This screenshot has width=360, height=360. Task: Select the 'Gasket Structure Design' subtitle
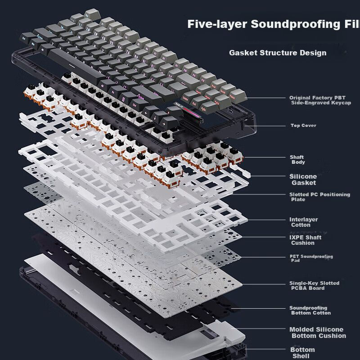tap(278, 53)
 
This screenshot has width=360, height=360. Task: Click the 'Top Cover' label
tap(303, 126)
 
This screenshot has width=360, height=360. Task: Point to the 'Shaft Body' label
tap(297, 160)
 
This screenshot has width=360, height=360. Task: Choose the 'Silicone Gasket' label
tap(303, 180)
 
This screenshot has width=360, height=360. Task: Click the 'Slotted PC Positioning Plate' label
tap(319, 197)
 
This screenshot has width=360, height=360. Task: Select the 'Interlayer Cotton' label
tap(303, 222)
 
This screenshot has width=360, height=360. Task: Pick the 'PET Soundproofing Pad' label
tap(311, 258)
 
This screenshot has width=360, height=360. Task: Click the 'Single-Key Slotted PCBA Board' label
tap(314, 286)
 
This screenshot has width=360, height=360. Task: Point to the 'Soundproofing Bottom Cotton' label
tap(310, 310)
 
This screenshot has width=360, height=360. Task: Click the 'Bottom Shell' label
tap(302, 353)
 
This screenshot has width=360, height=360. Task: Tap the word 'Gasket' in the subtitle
tap(243, 53)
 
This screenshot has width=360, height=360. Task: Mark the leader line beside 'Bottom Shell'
tap(265, 349)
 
